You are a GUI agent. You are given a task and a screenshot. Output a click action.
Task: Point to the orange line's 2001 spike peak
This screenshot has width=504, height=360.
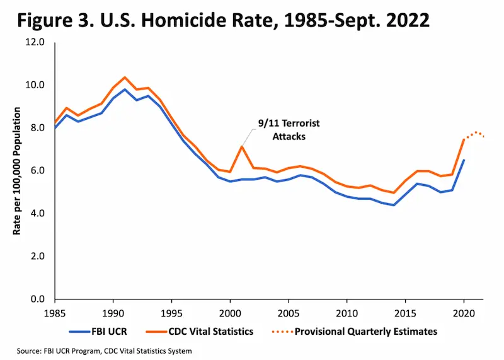click(x=241, y=147)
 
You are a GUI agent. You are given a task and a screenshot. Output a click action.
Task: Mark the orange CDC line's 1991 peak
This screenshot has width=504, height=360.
click(x=125, y=78)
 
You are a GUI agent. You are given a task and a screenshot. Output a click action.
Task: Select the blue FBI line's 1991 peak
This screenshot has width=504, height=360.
click(x=125, y=90)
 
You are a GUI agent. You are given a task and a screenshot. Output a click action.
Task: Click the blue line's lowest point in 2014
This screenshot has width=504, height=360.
click(x=392, y=205)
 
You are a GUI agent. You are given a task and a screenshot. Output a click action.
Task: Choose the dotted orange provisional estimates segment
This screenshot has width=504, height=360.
click(x=476, y=133)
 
